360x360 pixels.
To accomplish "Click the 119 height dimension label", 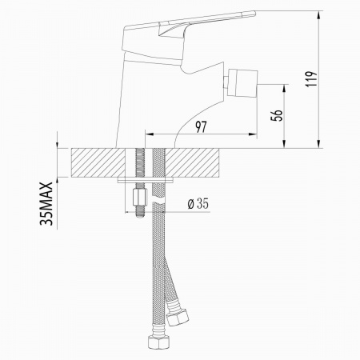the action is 311,78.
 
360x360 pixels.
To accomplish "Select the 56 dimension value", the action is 277,115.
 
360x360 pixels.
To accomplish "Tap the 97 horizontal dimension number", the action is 202,126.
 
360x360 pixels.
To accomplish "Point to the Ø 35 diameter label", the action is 198,204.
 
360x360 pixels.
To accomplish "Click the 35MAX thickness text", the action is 46,204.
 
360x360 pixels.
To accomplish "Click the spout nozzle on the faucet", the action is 242,83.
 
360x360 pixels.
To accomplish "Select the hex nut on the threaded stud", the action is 140,197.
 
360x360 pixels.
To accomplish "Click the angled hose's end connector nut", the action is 177,316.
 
